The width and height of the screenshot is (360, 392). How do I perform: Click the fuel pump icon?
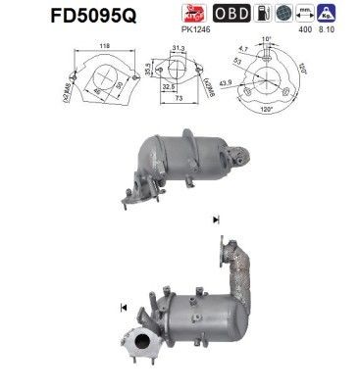pyautogui.click(x=262, y=13)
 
